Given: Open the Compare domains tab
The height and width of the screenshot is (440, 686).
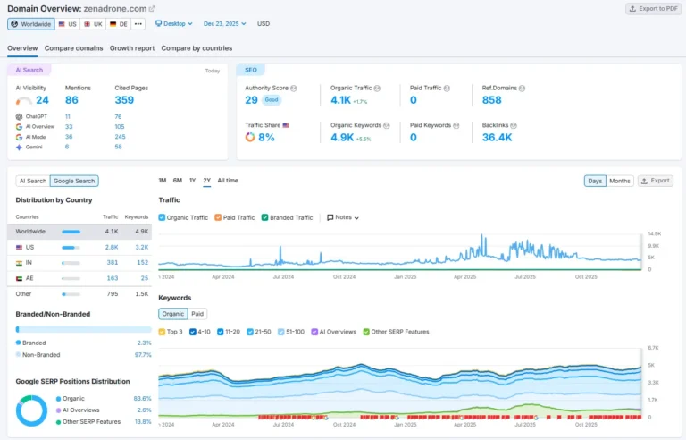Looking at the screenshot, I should pos(73,48).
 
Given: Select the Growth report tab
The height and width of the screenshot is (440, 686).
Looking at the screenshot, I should pos(131,48).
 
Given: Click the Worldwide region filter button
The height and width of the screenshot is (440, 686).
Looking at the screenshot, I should pos(31,24).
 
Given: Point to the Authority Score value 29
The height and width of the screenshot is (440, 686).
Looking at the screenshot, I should pos(251,100).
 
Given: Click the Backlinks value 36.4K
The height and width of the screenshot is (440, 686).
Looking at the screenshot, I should pos(497,138).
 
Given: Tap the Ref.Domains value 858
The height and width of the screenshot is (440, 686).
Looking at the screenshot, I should pos(491,100).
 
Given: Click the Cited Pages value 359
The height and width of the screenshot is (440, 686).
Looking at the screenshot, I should pos(124,100).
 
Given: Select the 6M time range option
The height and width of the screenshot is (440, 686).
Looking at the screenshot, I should pos(178,181).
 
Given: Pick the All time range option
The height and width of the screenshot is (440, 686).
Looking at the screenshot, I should pos(228,181).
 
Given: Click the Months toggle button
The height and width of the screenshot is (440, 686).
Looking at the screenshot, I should pos(619,181).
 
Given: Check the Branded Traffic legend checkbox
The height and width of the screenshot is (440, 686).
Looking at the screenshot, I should pos(265,217).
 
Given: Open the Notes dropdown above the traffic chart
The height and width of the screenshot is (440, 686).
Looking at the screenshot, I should pos(343,217).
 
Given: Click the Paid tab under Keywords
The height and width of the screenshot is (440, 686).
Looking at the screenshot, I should pos(197,314).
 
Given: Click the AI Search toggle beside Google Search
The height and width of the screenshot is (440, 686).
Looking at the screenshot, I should pos(32,181).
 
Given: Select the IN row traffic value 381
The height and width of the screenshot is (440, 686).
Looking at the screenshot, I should pos(112,263).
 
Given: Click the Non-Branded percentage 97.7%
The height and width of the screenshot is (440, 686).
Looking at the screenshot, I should pos(142,355).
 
